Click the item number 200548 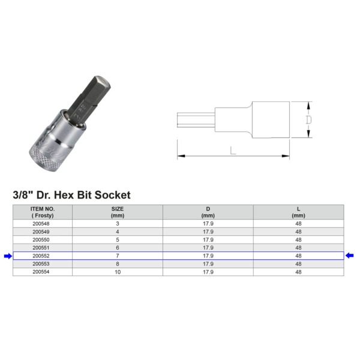43,223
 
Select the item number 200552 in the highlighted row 43,256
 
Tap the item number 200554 43,272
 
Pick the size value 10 118,272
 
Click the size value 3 118,223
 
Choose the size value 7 118,256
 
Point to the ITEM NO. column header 43,212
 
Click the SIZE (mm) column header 118,212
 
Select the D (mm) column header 208,212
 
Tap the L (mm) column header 299,212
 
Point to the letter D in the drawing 308,119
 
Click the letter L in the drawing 233,151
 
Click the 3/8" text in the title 23,195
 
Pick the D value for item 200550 208,239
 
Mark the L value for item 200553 299,263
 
